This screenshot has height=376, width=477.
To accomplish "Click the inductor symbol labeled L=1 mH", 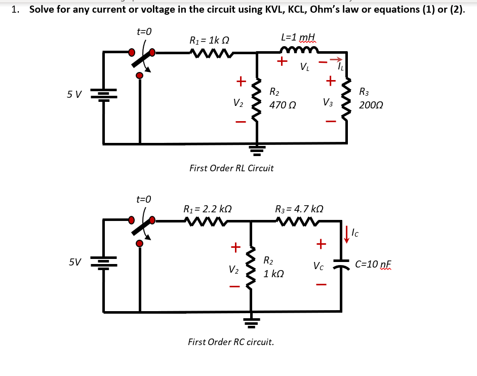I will pyautogui.click(x=299, y=50).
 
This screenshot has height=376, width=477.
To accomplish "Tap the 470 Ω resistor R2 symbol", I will pyautogui.click(x=257, y=99).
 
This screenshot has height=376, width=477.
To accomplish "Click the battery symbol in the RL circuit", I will pyautogui.click(x=104, y=95).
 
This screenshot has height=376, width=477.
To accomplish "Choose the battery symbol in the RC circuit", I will pyautogui.click(x=104, y=262).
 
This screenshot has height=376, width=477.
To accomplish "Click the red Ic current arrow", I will pyautogui.click(x=347, y=233).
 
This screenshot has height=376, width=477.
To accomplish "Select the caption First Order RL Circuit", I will pyautogui.click(x=231, y=168).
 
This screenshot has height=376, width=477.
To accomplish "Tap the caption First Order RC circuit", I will pyautogui.click(x=231, y=342).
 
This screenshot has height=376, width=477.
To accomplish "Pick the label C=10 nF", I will pyautogui.click(x=374, y=265).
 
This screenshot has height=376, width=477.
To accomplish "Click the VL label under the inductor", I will pyautogui.click(x=304, y=67).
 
